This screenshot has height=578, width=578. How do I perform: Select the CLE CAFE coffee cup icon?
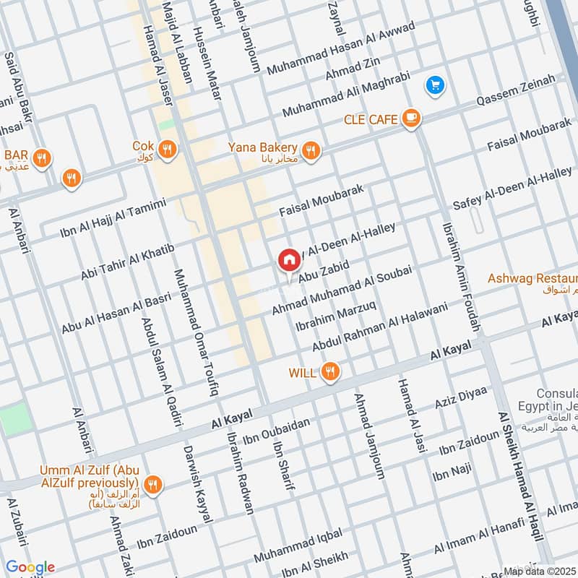(411, 118)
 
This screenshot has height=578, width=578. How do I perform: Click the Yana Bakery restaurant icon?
(311, 150)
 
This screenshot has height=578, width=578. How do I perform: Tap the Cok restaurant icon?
(168, 150)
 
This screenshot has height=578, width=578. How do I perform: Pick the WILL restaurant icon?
(331, 372)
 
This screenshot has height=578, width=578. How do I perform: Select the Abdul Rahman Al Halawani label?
(379, 326)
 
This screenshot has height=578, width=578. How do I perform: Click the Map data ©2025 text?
(540, 571)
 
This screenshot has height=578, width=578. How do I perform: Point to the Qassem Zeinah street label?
(515, 92)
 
